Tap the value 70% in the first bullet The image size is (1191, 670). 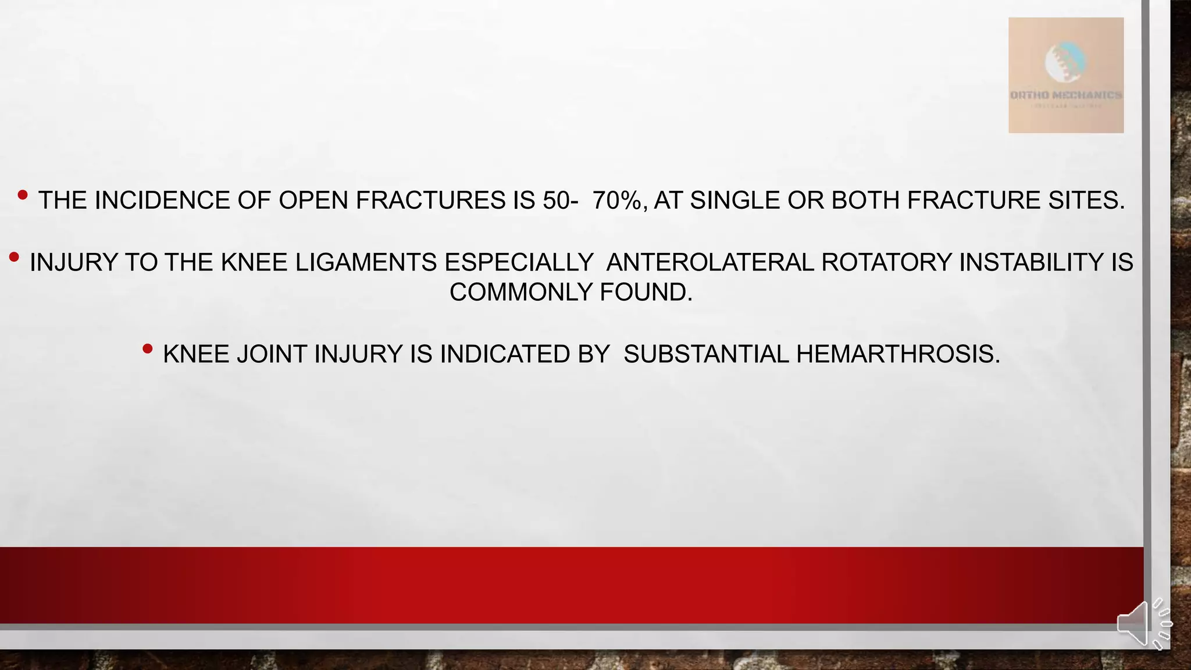(x=617, y=200)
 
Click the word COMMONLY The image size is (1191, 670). (x=520, y=292)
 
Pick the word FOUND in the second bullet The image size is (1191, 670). (x=646, y=292)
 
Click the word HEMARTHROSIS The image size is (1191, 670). (x=898, y=354)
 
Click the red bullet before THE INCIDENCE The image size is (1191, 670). (x=23, y=195)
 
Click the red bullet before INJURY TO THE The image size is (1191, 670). (x=15, y=257)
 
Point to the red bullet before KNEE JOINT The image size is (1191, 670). (x=148, y=349)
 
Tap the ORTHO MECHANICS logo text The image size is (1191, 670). (x=1065, y=95)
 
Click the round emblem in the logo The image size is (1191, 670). (x=1065, y=60)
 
